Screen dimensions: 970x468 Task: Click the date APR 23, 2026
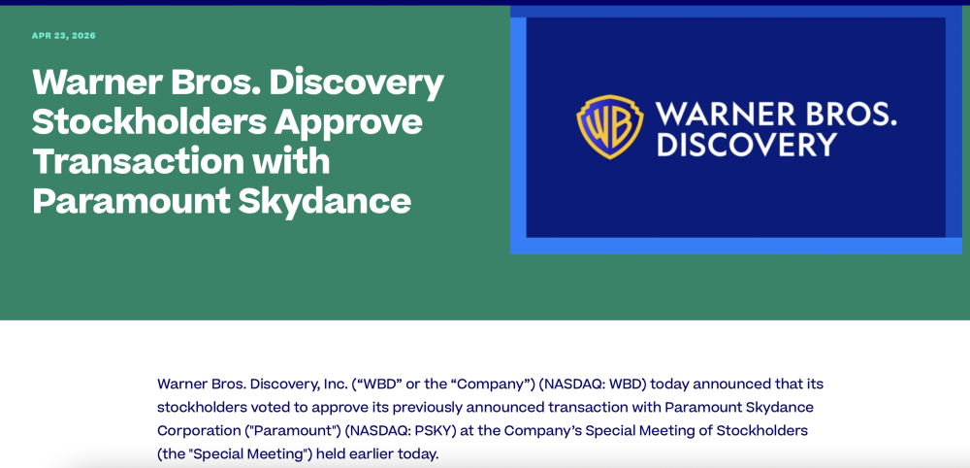tap(64, 36)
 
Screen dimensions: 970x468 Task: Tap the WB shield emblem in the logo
tap(609, 127)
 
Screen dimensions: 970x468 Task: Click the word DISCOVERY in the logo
tap(746, 145)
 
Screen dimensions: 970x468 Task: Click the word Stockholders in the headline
tap(148, 121)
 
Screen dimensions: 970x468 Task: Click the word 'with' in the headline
tap(298, 160)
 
